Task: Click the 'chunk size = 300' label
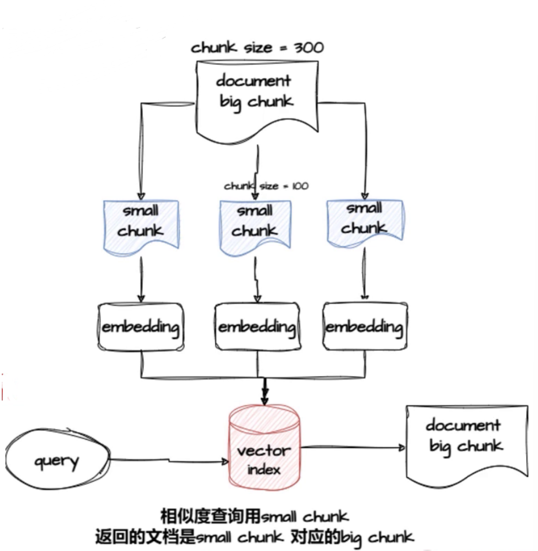(x=257, y=48)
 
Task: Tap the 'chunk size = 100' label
(x=266, y=186)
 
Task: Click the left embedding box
(x=141, y=327)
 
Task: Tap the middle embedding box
(x=257, y=327)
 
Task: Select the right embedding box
(x=364, y=327)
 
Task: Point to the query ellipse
(x=57, y=459)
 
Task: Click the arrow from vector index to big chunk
(x=353, y=447)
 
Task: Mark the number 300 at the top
(x=309, y=48)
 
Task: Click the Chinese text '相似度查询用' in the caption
(x=210, y=517)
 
